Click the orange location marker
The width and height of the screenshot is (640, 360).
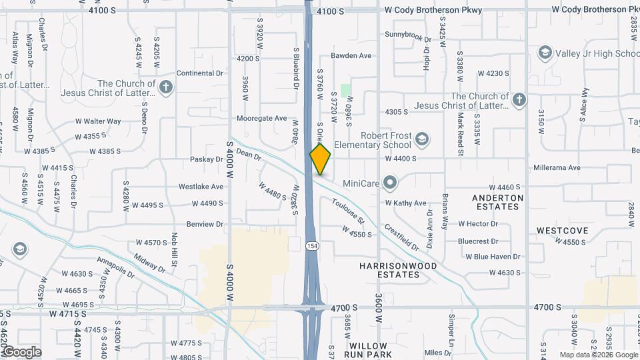coord(320,159)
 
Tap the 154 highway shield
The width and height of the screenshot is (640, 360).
coord(312,246)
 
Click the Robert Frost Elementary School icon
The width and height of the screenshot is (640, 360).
coord(421,139)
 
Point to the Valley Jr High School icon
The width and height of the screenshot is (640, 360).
coord(545,53)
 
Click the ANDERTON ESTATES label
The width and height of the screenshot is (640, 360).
coord(497,202)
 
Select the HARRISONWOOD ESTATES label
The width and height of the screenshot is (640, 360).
coord(398,270)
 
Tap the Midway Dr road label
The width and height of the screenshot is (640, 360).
coord(149,263)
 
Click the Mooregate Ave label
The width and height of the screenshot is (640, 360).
coord(261,118)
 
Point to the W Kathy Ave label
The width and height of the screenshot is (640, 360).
coord(405,203)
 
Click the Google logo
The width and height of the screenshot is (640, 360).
coord(22,352)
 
